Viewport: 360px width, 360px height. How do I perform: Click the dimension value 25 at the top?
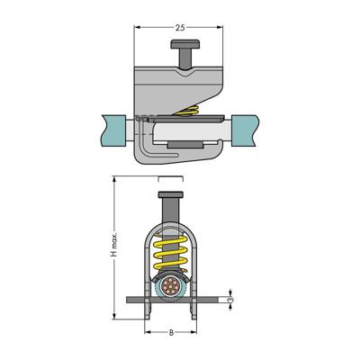coord(180,28)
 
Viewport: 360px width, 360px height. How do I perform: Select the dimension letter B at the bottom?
coord(171,332)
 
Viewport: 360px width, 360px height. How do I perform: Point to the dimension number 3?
coord(230,300)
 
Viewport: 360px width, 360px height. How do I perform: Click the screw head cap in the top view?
coord(184,44)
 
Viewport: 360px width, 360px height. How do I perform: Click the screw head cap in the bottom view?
coord(170,194)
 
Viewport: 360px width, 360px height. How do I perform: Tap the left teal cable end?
coord(113,130)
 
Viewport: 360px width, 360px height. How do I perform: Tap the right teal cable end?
coord(245,130)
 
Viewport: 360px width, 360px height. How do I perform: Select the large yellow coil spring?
coord(170,252)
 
